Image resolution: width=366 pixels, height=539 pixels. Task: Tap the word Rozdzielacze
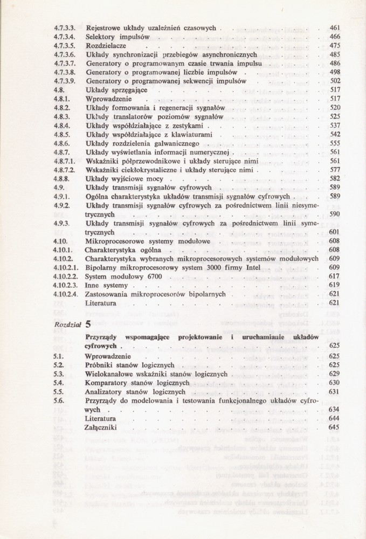click(x=106, y=45)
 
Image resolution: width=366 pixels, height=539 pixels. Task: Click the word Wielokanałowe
click(x=113, y=374)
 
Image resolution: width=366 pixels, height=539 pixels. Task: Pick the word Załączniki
click(x=101, y=427)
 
